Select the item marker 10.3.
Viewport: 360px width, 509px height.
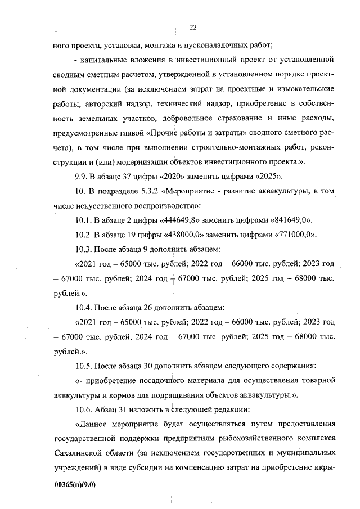[84, 249]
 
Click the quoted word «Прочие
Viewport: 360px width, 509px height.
[163, 132]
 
